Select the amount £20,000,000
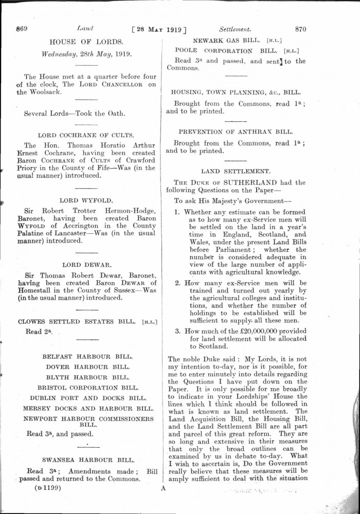pyautogui.click(x=265, y=338)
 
